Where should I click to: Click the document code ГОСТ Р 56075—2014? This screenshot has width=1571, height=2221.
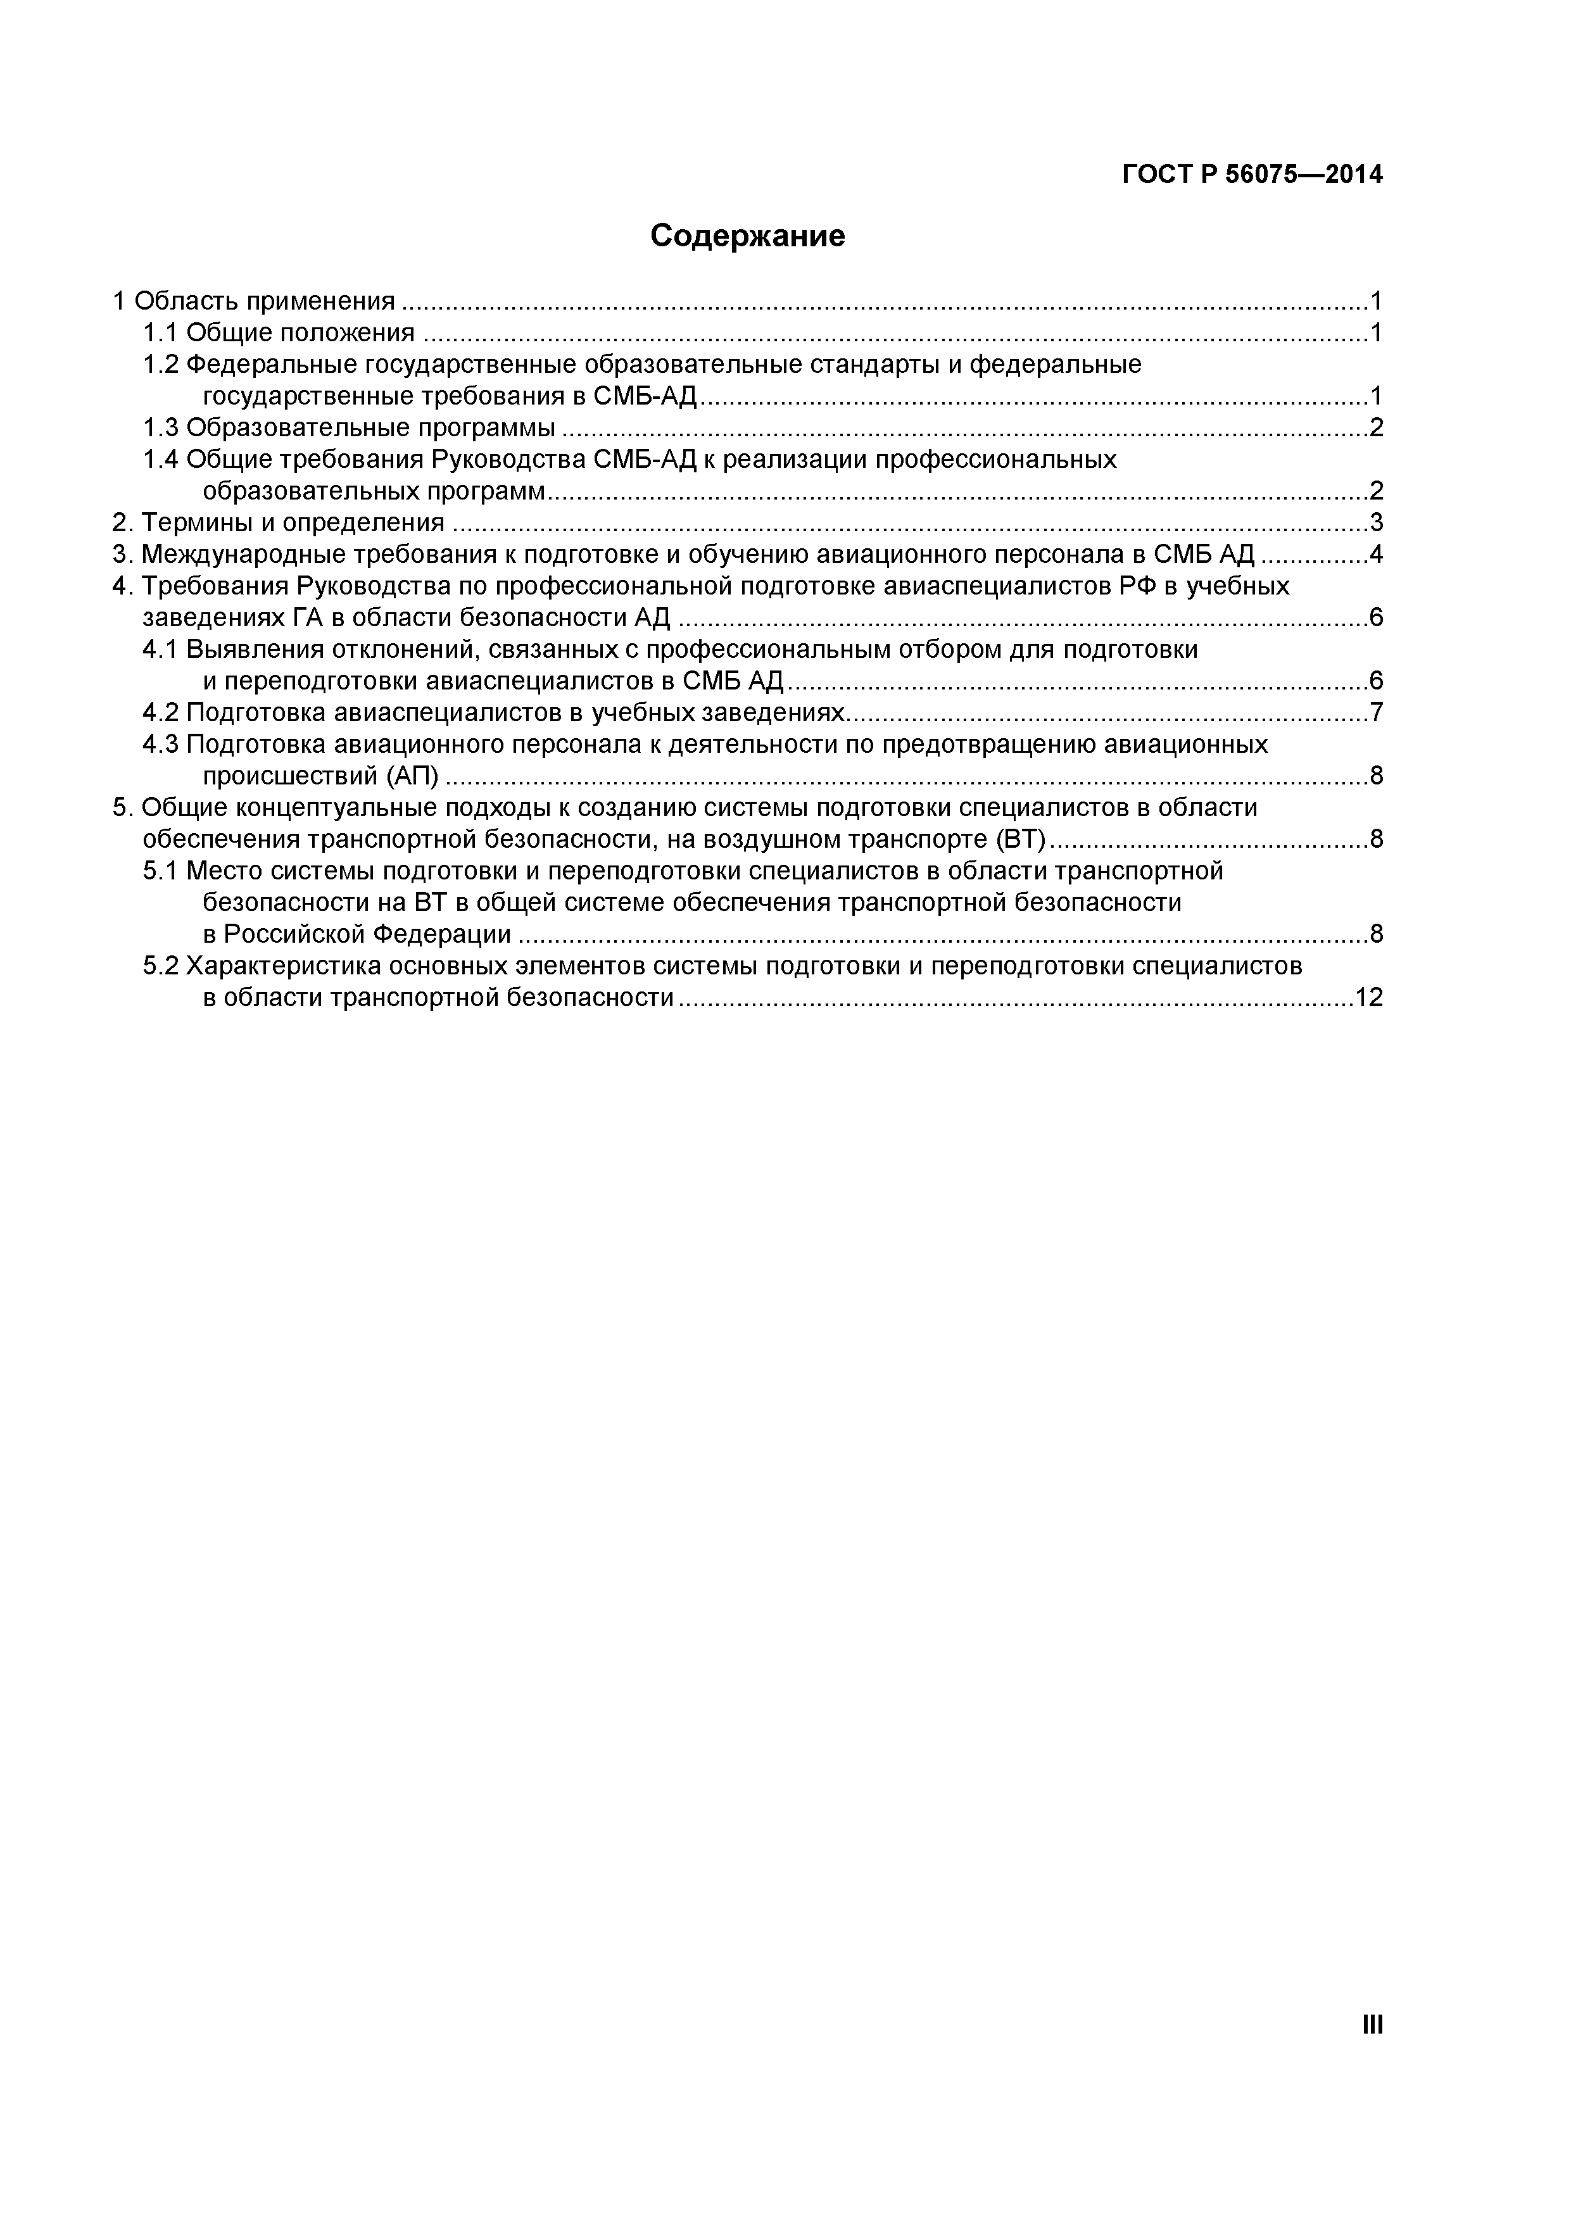(1252, 175)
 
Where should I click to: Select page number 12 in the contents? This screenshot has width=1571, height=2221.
(1369, 997)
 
